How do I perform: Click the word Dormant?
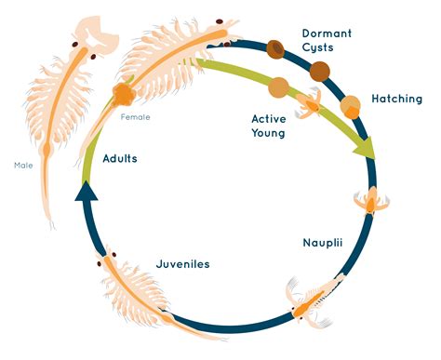tap(326, 34)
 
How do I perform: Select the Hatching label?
tap(396, 99)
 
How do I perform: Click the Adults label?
tap(120, 159)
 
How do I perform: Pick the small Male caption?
tap(23, 166)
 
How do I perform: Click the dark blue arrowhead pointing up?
tap(86, 192)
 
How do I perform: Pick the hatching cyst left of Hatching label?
tap(351, 105)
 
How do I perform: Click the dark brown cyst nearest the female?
tap(276, 48)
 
